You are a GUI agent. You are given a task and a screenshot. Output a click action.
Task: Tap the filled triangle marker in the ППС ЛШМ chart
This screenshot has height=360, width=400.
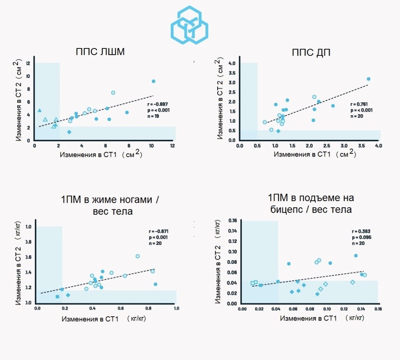[39, 110]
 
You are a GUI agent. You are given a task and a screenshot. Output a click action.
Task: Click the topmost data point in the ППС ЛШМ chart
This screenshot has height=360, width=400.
[154, 81]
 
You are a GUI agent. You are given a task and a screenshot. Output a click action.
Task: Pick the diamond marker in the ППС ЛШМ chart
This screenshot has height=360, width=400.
[69, 132]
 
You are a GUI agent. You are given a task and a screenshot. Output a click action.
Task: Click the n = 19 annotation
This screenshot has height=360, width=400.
[153, 116]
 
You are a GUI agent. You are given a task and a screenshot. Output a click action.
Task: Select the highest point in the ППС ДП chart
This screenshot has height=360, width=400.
[368, 79]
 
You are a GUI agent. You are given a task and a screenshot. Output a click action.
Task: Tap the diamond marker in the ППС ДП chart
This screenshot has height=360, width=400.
[278, 131]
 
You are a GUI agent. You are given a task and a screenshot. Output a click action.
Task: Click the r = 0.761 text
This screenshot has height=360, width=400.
[360, 104]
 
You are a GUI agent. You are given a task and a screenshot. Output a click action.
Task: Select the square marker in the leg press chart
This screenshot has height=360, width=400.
[57, 297]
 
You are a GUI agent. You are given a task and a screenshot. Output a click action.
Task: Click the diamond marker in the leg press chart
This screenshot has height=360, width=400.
[68, 295]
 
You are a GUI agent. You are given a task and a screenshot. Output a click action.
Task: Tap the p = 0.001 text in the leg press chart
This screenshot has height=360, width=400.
[156, 237]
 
